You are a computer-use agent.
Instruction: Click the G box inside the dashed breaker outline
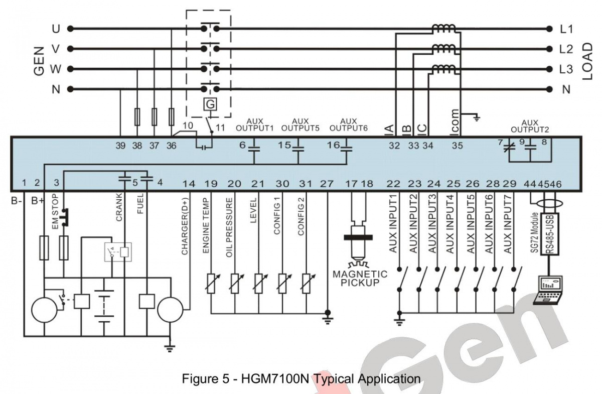[x=211, y=104]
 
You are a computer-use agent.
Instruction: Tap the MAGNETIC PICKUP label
[x=360, y=278]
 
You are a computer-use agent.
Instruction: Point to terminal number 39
[x=120, y=146]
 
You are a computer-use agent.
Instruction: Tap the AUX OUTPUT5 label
[x=300, y=124]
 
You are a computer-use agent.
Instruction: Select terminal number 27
[x=327, y=183]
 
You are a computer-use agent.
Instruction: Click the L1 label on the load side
[x=566, y=29]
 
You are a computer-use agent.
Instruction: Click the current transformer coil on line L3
[x=443, y=69]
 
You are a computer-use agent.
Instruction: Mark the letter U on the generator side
[x=56, y=29]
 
